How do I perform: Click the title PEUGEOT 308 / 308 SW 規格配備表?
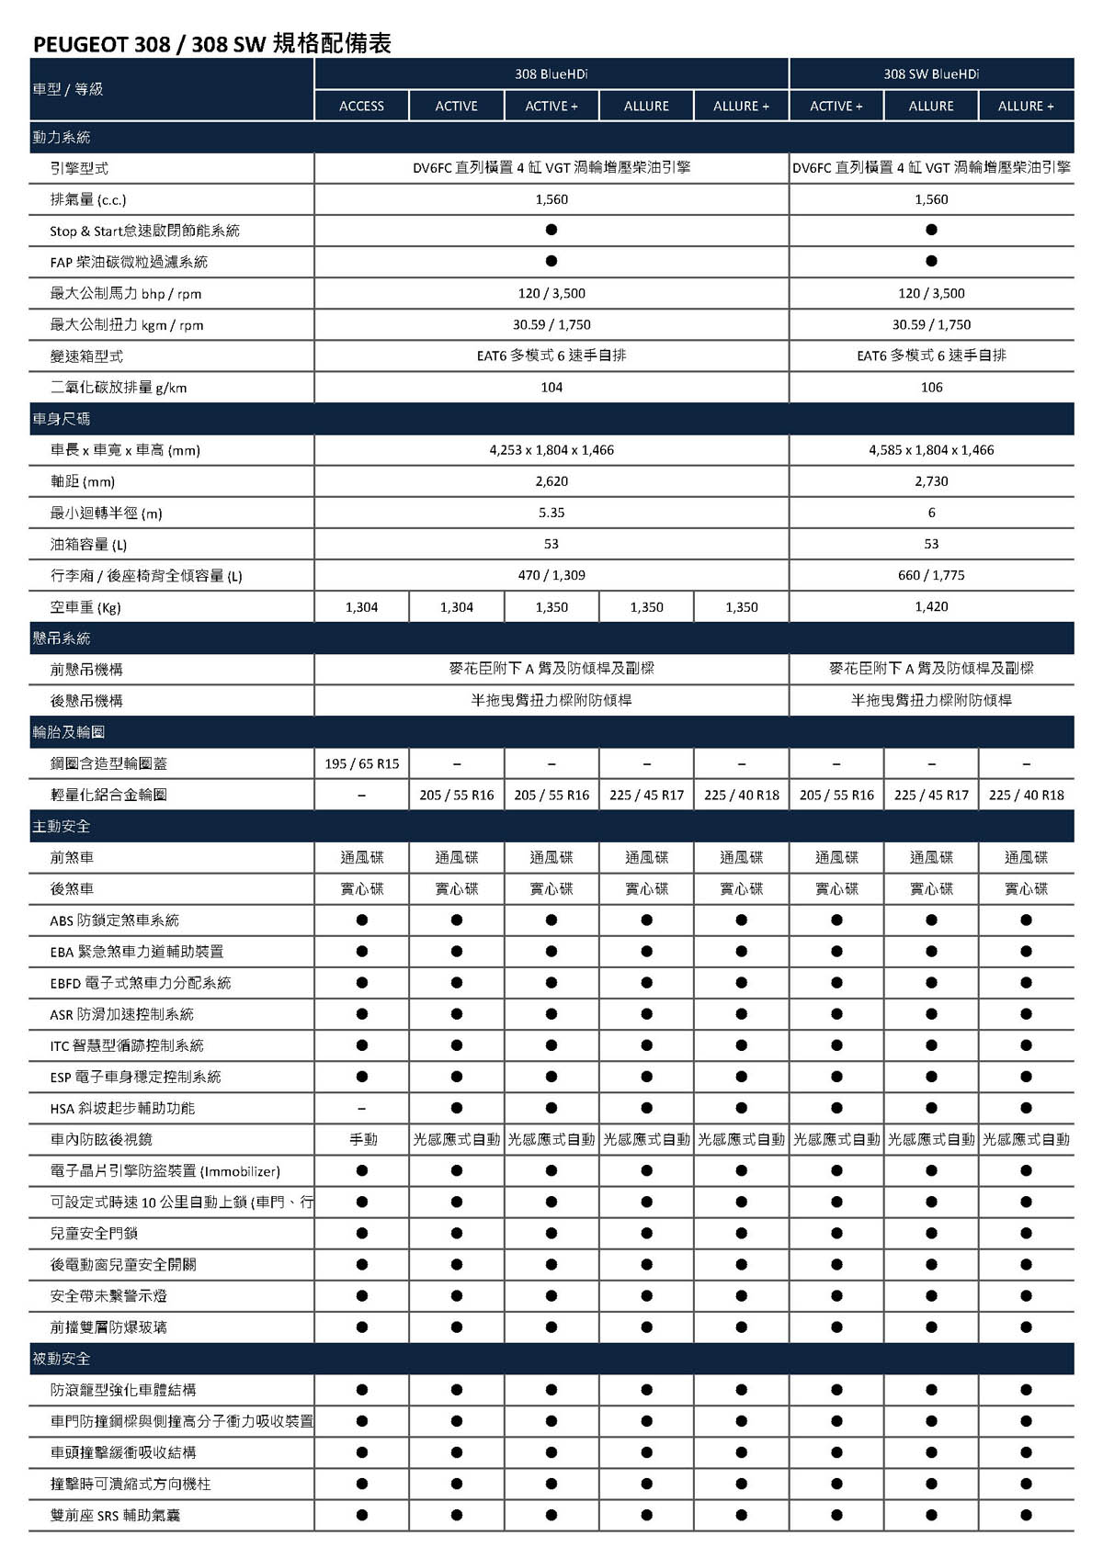point(212,43)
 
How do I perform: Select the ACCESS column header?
point(361,107)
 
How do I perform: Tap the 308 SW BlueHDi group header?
point(931,73)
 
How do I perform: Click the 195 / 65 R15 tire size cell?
point(362,764)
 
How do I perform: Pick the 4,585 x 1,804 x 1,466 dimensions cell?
point(931,450)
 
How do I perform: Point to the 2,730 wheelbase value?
point(931,481)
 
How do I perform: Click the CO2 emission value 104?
point(551,388)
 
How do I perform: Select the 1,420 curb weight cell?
point(931,607)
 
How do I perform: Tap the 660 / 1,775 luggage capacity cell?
point(931,576)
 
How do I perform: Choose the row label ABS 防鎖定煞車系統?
point(115,920)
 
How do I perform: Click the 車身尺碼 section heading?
point(62,419)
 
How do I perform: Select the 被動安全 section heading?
point(62,1359)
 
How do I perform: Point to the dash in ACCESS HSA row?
point(362,1109)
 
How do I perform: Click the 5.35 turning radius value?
point(551,513)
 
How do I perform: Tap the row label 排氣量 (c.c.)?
point(88,200)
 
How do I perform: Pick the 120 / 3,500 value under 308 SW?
point(931,294)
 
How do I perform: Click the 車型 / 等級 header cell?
point(68,89)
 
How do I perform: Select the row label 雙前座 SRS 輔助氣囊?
point(115,1516)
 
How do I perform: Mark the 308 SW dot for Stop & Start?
point(931,231)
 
